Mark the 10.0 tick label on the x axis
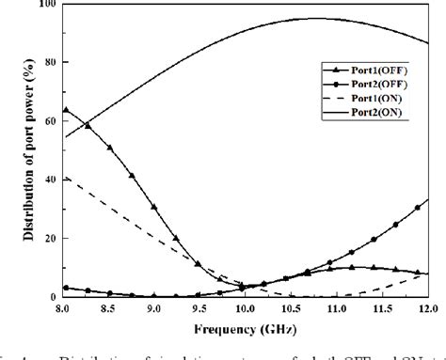[x=246, y=308]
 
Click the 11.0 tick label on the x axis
[x=337, y=308]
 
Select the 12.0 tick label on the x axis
[x=425, y=308]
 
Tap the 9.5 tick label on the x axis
[x=200, y=308]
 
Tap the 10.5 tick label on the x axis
[x=292, y=308]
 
